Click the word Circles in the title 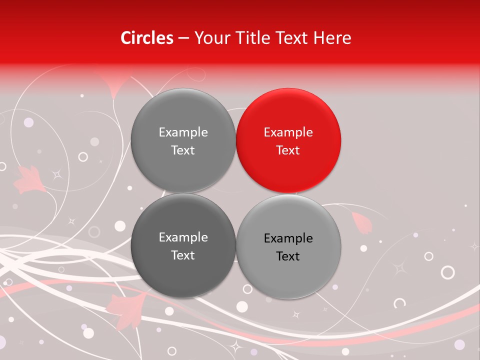click(x=147, y=38)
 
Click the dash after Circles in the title click(x=183, y=38)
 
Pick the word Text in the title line click(x=293, y=38)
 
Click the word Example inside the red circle click(x=288, y=132)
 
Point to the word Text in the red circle click(x=288, y=150)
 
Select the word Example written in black click(x=288, y=238)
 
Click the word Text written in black click(x=288, y=256)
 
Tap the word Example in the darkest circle click(x=183, y=237)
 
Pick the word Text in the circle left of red click(x=183, y=150)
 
